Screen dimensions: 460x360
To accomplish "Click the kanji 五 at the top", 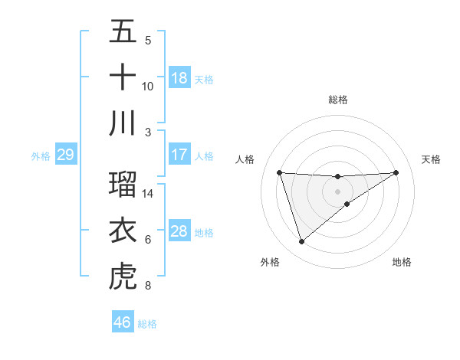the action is (123, 31).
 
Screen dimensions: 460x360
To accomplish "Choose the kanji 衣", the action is (123, 231).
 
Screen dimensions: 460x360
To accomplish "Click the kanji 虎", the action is (123, 277).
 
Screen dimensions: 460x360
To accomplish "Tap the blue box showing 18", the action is (179, 77).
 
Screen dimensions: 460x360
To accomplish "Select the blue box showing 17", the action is (179, 155).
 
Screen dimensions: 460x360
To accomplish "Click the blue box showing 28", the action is (179, 231).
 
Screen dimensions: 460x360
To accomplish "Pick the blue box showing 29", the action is (65, 155).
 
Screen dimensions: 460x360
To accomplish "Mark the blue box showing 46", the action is (123, 322).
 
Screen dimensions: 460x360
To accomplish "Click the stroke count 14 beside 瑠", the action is (148, 194).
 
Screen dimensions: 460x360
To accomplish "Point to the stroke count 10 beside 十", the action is (148, 86).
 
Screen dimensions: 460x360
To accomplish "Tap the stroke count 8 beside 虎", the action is (148, 286).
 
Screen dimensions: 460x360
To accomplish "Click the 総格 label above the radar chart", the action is (338, 100).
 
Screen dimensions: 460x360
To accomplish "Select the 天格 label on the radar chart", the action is (432, 159).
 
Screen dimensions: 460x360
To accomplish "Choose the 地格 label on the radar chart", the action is (402, 262).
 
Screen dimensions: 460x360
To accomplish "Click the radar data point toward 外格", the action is (301, 242).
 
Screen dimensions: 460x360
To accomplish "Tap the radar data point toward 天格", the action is (396, 172).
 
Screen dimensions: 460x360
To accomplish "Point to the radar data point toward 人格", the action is (280, 172).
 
